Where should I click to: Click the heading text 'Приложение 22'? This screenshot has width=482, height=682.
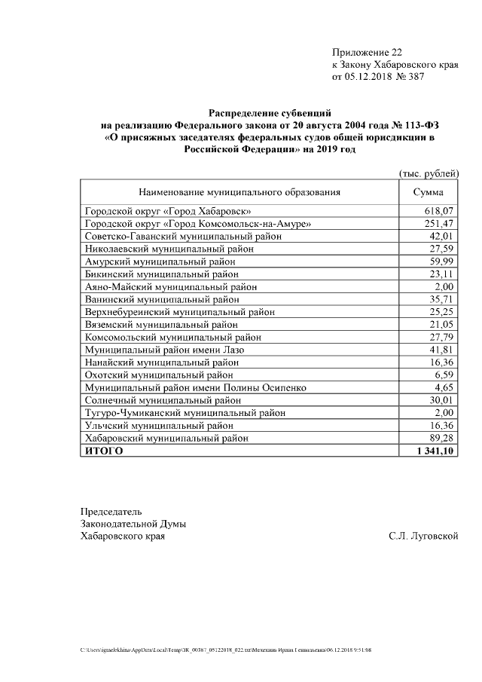pos(367,53)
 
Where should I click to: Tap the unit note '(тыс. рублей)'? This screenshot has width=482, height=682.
pos(428,174)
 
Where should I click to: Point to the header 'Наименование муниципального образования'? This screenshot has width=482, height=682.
pos(239,192)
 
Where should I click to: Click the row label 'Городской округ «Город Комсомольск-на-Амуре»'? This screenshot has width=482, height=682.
pos(197,224)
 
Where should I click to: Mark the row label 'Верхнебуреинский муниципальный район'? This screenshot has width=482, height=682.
pos(179,312)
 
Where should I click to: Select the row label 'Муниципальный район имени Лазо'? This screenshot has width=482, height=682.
pos(163,350)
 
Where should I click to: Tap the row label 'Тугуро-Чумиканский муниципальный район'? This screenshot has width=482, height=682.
pos(185,413)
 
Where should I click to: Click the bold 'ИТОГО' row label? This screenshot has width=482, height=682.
pos(103,451)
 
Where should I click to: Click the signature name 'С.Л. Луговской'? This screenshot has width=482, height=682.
pos(424,537)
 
